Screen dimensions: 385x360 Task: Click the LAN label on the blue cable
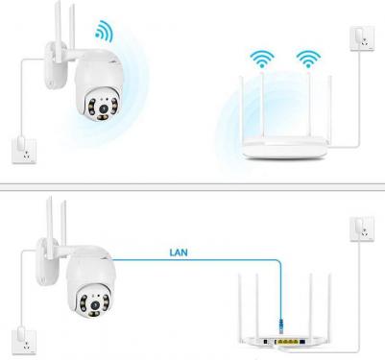click(x=179, y=252)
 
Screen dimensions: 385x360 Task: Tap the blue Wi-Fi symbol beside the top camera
click(x=105, y=32)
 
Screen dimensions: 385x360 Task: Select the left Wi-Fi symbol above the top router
click(x=262, y=59)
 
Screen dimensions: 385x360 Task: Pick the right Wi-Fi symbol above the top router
click(x=308, y=59)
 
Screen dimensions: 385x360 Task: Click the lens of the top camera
click(x=103, y=109)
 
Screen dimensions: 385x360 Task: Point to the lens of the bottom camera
click(x=95, y=304)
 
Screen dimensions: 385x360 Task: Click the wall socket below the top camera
click(x=24, y=151)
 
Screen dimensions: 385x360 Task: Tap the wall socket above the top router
click(x=362, y=38)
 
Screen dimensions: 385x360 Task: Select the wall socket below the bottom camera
click(x=24, y=342)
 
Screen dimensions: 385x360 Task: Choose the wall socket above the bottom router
click(x=362, y=228)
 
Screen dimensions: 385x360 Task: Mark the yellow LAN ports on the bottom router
click(x=288, y=342)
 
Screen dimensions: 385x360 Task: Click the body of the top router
click(x=284, y=148)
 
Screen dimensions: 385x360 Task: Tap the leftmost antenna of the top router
click(x=243, y=108)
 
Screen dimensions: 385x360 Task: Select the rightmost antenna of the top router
click(x=329, y=108)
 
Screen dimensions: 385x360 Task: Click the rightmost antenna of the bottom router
click(x=329, y=305)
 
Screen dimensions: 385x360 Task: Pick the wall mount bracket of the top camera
click(x=56, y=65)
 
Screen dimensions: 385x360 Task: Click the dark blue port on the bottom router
click(x=302, y=342)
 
